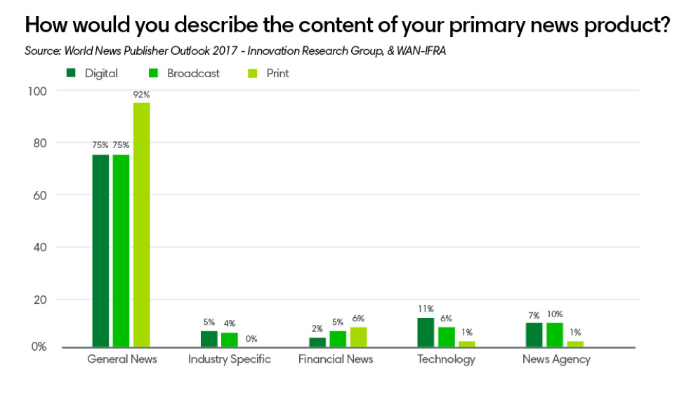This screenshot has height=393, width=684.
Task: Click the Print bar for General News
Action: (141, 225)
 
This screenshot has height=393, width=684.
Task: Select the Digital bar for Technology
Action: (426, 332)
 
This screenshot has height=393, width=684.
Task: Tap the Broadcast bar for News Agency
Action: (555, 335)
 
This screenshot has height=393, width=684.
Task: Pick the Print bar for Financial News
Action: (358, 337)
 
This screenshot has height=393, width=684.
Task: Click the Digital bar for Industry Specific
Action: (209, 339)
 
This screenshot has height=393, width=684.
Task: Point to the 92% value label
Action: (142, 95)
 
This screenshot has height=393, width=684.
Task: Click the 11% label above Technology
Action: (426, 309)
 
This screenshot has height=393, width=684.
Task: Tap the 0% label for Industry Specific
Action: (251, 339)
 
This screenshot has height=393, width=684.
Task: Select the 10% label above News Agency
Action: (555, 314)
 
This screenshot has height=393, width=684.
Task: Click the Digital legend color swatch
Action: (72, 73)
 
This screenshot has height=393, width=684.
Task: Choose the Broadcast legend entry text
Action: (193, 73)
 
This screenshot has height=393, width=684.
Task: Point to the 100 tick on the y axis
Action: (37, 91)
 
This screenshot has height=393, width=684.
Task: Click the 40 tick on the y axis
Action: (39, 247)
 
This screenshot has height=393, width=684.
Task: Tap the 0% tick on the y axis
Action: (38, 347)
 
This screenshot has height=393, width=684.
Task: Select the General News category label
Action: (122, 359)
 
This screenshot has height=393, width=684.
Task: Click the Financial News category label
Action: (336, 359)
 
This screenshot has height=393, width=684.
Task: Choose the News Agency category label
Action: (556, 359)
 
